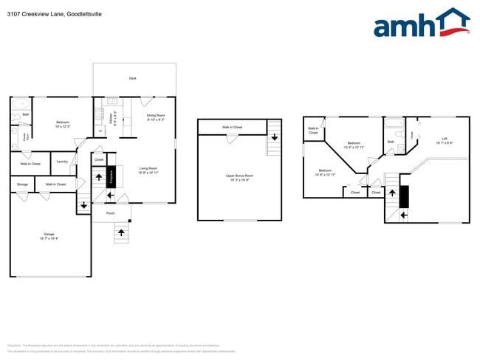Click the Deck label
tap(133, 77)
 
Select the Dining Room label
tap(155, 116)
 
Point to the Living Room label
tap(149, 170)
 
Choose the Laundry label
tap(62, 162)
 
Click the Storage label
tap(21, 184)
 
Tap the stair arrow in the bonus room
tap(274, 136)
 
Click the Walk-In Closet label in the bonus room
tap(232, 128)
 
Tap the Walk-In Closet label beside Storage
tap(55, 184)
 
